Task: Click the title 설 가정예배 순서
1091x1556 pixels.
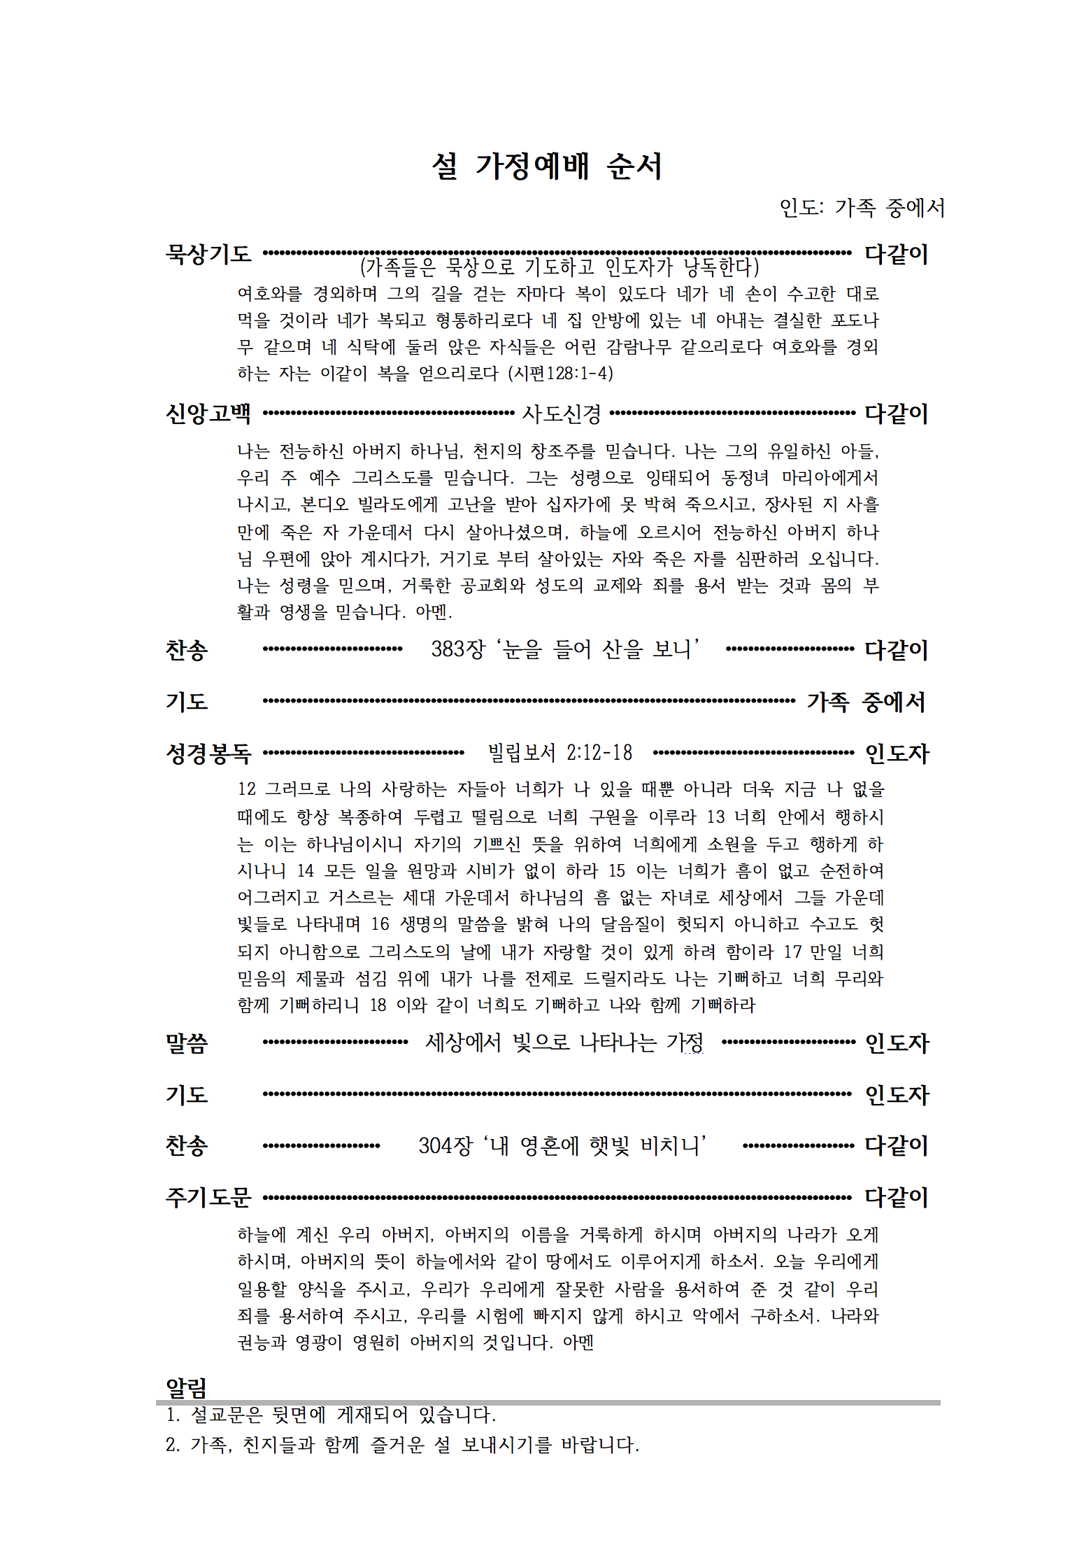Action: pyautogui.click(x=546, y=167)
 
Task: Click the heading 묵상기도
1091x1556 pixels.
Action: pyautogui.click(x=208, y=253)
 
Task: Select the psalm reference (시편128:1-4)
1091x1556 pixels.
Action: pyautogui.click(x=560, y=373)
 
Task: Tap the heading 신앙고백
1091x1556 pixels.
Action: pyautogui.click(x=208, y=413)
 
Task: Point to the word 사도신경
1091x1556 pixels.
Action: pyautogui.click(x=561, y=414)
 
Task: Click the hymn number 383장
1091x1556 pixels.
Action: pyautogui.click(x=457, y=649)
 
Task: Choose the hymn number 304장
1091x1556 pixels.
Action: pyautogui.click(x=445, y=1145)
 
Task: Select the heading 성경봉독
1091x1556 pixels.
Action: pyautogui.click(x=208, y=754)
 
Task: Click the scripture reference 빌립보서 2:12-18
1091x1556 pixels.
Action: pyautogui.click(x=559, y=753)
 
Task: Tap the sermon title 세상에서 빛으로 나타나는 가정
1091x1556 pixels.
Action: pyautogui.click(x=564, y=1043)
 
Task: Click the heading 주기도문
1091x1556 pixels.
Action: pyautogui.click(x=208, y=1197)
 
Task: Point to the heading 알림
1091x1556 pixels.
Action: pyautogui.click(x=186, y=1387)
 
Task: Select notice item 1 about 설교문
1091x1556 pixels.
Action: pyautogui.click(x=331, y=1415)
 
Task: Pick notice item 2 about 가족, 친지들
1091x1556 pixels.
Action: pyautogui.click(x=402, y=1445)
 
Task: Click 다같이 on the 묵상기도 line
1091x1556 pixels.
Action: pyautogui.click(x=896, y=253)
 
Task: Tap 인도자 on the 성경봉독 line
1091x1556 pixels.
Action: pyautogui.click(x=897, y=754)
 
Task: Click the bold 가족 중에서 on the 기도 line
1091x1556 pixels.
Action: pyautogui.click(x=866, y=702)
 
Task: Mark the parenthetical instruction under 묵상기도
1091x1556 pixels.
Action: pyautogui.click(x=559, y=267)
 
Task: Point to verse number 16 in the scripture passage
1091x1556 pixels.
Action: pyautogui.click(x=380, y=924)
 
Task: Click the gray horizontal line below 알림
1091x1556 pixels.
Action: pyautogui.click(x=548, y=1402)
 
